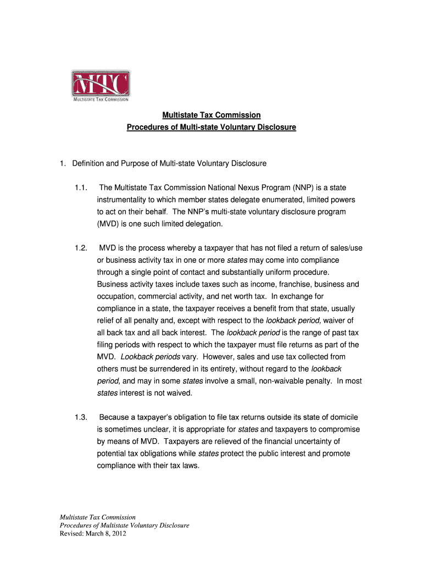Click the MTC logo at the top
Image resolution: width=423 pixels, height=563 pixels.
101,86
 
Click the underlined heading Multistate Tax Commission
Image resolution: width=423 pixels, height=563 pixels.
211,115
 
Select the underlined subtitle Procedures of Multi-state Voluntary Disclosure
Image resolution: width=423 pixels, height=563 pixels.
211,127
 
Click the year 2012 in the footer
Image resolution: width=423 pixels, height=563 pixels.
118,533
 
